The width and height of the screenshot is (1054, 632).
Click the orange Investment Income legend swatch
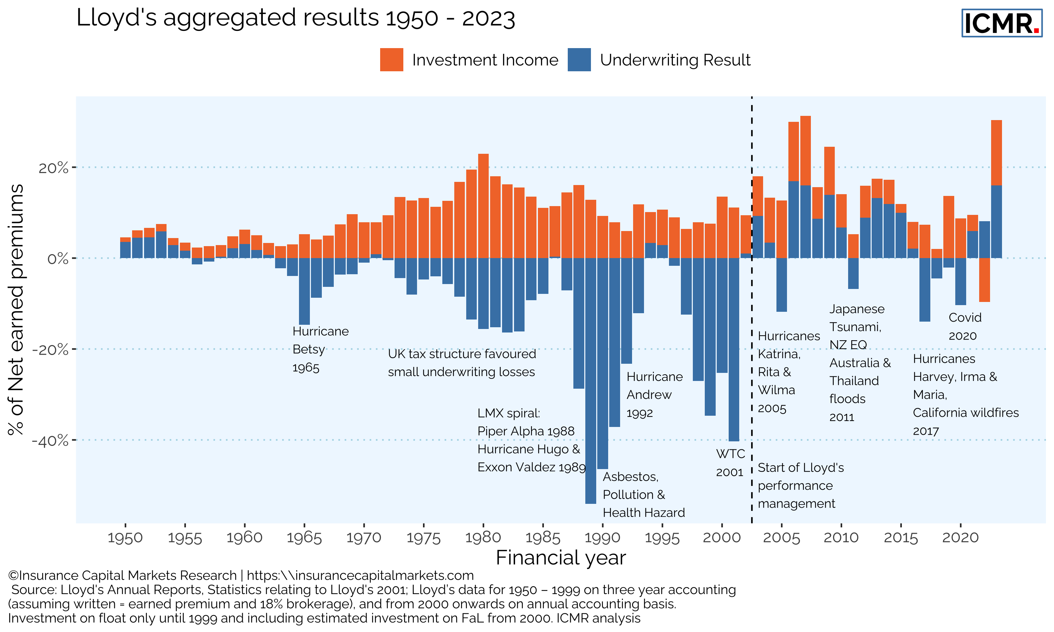[x=391, y=60]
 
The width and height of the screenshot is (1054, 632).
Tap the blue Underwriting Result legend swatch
[x=579, y=60]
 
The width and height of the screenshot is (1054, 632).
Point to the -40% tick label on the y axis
[x=50, y=440]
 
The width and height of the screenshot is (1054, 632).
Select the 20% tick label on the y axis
[x=53, y=168]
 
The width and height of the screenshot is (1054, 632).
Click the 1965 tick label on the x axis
[x=304, y=538]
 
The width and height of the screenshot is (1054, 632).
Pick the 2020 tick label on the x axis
[x=960, y=538]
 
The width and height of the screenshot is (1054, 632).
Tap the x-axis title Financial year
[x=561, y=558]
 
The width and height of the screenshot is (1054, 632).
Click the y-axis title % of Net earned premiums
[x=16, y=309]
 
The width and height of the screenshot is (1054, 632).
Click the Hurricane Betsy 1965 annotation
[x=320, y=349]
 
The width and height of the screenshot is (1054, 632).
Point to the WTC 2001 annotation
[x=730, y=463]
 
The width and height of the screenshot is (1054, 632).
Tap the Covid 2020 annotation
[x=964, y=327]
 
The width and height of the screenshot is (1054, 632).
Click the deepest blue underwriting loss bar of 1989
[x=591, y=383]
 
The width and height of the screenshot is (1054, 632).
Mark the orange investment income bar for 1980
[x=483, y=206]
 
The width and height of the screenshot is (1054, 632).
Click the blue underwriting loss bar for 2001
[x=734, y=349]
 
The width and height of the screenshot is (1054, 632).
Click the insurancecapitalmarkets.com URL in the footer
[x=360, y=575]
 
